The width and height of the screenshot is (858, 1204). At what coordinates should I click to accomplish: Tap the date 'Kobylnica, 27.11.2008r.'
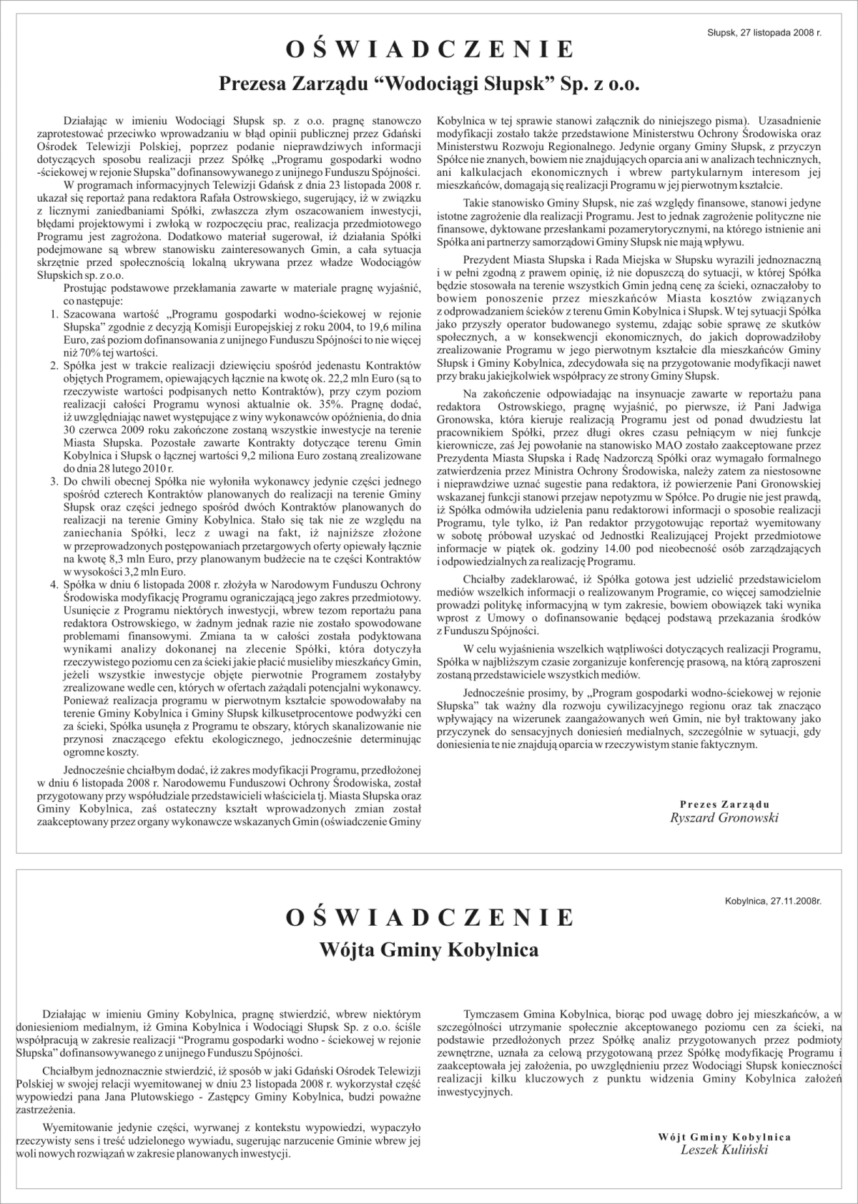pos(772,902)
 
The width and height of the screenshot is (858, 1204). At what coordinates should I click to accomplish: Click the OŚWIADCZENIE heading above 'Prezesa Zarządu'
pos(429,49)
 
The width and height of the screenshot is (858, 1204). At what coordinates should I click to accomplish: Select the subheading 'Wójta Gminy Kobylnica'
pos(429,950)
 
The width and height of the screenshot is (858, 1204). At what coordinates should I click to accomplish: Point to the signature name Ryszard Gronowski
pos(724,818)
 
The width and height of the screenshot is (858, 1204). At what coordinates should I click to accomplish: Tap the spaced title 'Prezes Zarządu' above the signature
pos(724,804)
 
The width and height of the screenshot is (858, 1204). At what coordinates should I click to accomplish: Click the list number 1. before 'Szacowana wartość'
pos(54,314)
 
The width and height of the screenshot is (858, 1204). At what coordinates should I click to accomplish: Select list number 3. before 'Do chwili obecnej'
pos(54,480)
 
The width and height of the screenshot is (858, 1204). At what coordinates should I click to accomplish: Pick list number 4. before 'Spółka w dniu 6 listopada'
pos(54,584)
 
